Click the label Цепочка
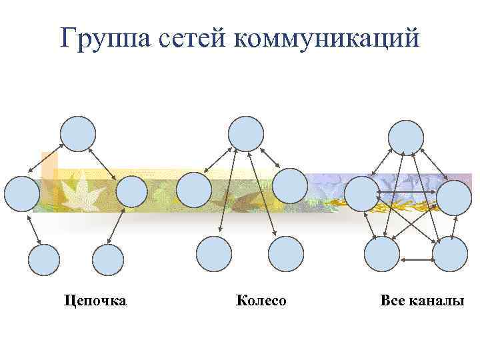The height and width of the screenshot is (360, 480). click(x=95, y=301)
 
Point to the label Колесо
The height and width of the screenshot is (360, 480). click(x=261, y=301)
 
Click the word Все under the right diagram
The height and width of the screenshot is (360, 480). click(x=392, y=301)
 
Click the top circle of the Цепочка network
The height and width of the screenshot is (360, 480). click(x=78, y=133)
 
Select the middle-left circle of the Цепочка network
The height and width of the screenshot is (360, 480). click(x=22, y=193)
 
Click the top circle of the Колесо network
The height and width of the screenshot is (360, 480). click(x=246, y=133)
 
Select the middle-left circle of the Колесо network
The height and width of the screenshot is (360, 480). click(x=194, y=189)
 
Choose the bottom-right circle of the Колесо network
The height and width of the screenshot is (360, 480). click(x=285, y=254)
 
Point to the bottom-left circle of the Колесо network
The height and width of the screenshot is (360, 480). click(x=215, y=254)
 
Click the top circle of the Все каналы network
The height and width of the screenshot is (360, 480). click(x=406, y=137)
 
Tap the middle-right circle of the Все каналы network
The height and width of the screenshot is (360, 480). click(x=455, y=197)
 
